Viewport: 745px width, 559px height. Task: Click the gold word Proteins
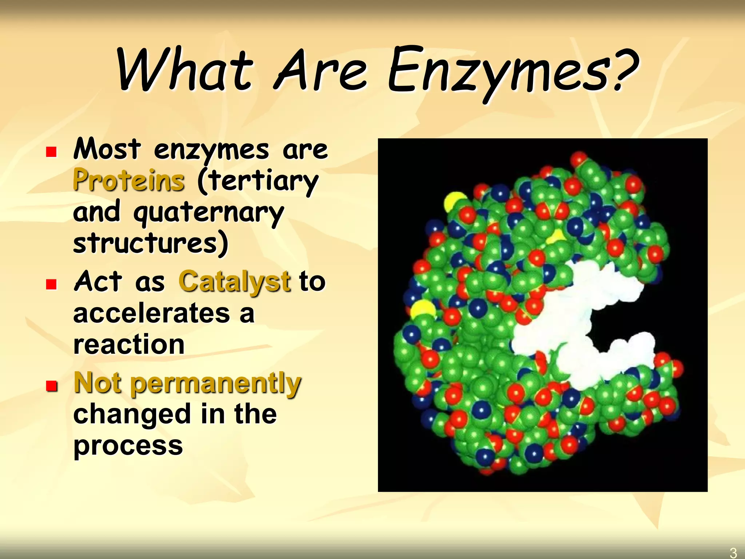coord(129,181)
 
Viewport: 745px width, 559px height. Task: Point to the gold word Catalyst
coord(235,282)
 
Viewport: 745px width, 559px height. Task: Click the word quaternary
coord(208,213)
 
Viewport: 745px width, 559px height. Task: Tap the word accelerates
coord(151,313)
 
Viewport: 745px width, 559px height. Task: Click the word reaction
coord(129,344)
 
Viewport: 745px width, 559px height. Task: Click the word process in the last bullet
coord(128,445)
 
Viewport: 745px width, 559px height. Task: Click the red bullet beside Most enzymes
coord(51,152)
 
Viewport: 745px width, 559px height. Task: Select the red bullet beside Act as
coord(51,284)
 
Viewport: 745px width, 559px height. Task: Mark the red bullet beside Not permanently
coord(51,385)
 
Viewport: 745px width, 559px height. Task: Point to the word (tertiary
coord(258,181)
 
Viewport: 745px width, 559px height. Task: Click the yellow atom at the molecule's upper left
coord(455,202)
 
